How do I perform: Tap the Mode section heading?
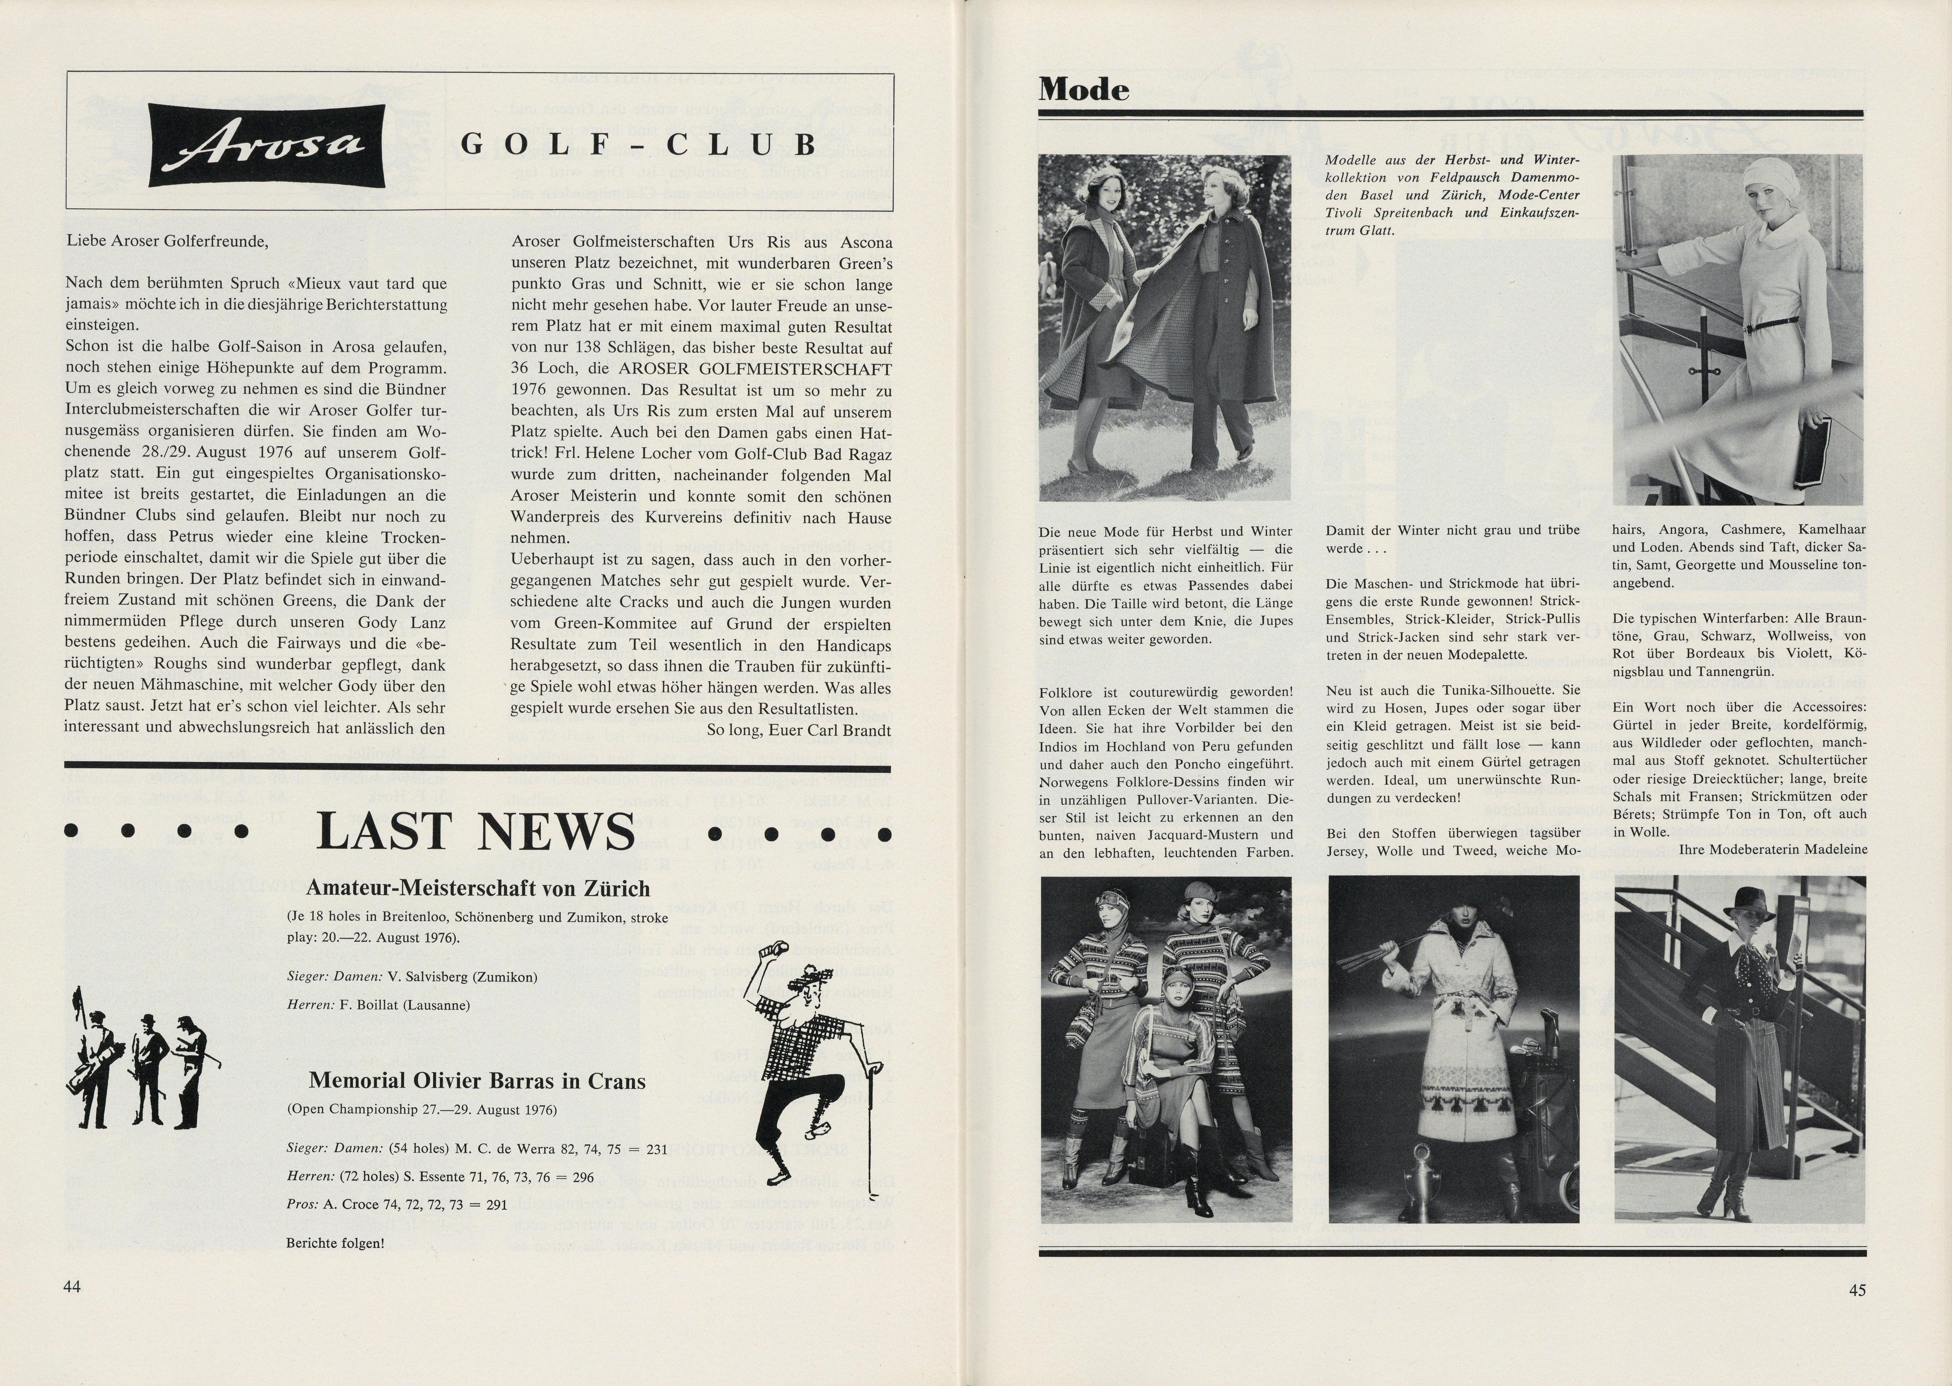(x=1084, y=89)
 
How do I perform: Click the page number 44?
(x=72, y=1286)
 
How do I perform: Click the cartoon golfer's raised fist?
(x=778, y=950)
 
